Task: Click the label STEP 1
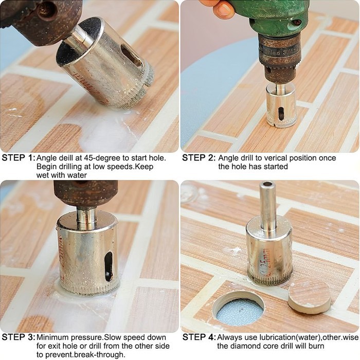pyautogui.click(x=19, y=158)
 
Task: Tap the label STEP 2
pyautogui.click(x=199, y=158)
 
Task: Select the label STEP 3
pyautogui.click(x=19, y=337)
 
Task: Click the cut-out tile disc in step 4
pyautogui.click(x=310, y=296)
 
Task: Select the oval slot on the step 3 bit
pyautogui.click(x=109, y=266)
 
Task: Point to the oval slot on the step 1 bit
pyautogui.click(x=132, y=56)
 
